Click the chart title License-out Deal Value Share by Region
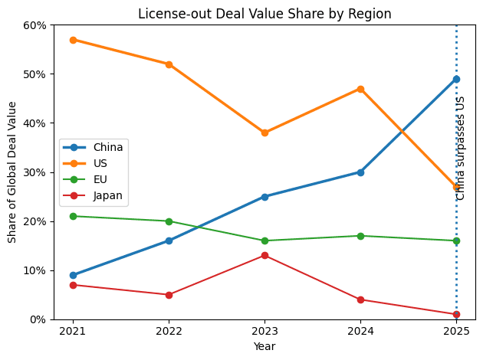(264, 14)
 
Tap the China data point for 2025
(456, 79)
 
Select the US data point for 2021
(73, 40)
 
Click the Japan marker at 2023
(264, 255)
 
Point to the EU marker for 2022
(169, 221)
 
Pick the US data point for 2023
(264, 133)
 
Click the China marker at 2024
(360, 172)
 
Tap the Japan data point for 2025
(456, 314)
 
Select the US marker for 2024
(360, 89)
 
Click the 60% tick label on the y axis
(36, 25)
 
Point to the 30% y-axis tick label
(36, 172)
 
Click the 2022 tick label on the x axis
(169, 331)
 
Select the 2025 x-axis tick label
(456, 331)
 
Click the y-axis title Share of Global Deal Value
(12, 172)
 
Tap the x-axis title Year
(264, 346)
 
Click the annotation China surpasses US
(461, 148)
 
